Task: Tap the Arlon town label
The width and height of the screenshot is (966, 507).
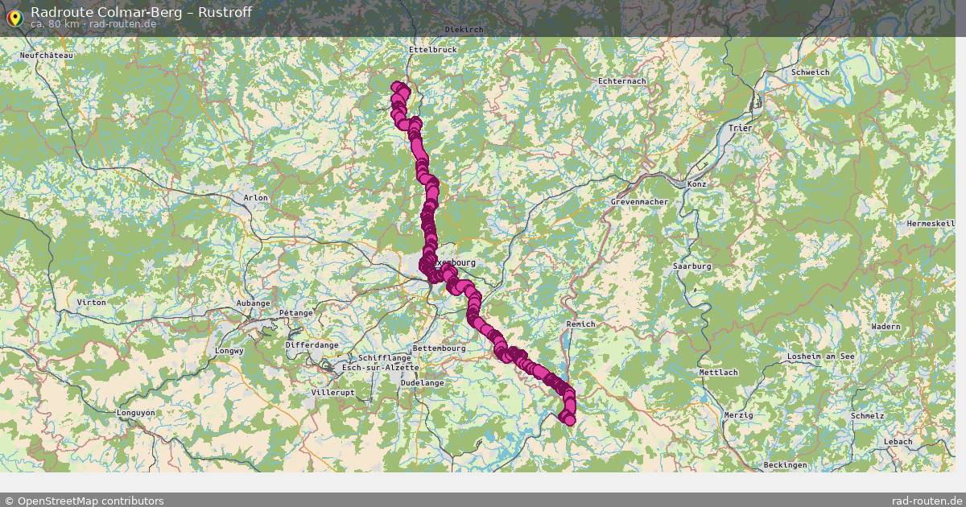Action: [256, 197]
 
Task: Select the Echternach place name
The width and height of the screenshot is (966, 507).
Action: [622, 81]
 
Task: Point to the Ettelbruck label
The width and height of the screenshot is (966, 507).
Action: [433, 50]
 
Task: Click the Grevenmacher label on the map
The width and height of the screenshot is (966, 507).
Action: [640, 201]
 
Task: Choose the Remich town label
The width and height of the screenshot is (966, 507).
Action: [580, 324]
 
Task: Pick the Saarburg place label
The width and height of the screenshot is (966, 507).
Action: [692, 266]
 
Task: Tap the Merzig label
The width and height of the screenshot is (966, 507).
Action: [738, 415]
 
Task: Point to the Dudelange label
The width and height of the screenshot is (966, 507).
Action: [422, 383]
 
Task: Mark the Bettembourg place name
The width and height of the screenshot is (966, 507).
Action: [439, 348]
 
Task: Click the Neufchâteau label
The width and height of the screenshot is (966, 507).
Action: [47, 56]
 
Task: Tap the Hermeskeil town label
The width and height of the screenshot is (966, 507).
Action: [931, 223]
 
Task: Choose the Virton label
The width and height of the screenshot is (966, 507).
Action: [91, 302]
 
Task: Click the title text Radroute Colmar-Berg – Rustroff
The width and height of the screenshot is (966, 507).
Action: [141, 12]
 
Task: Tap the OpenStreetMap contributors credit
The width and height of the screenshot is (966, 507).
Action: [84, 501]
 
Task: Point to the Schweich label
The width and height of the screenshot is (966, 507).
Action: [810, 72]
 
